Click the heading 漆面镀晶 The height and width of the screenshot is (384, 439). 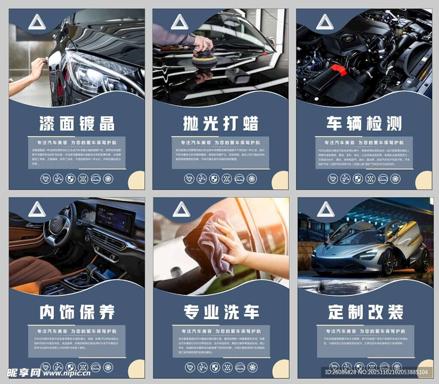coord(77,123)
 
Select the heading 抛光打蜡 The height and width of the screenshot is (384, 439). coord(220,123)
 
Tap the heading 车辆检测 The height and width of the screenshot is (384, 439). coord(364,123)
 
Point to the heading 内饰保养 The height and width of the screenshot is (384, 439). coord(77,312)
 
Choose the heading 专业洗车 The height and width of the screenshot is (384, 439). coord(221,312)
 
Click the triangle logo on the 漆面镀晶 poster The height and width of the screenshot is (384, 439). coord(37,22)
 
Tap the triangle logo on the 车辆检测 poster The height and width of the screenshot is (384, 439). coord(325,22)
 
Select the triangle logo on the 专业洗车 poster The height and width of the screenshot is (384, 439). coord(181,210)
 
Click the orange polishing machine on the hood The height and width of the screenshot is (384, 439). coord(204,60)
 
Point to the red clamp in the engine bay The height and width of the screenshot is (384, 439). coord(338,70)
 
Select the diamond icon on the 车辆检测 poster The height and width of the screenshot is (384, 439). coord(333,179)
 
